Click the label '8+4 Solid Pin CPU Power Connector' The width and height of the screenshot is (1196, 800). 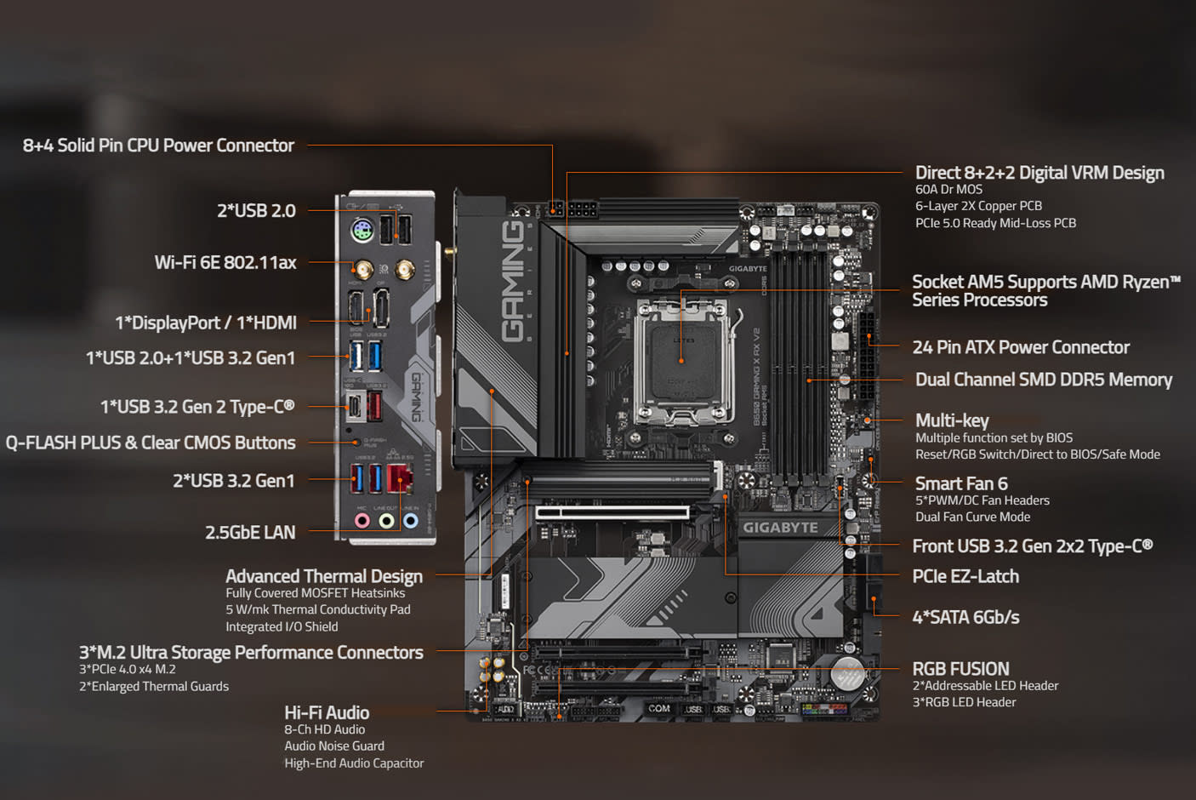[x=158, y=146]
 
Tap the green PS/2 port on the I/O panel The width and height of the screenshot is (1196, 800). [x=362, y=230]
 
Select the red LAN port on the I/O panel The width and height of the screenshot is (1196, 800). [x=399, y=477]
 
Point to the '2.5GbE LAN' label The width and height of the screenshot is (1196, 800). [x=250, y=533]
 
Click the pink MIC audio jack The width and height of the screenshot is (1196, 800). [x=362, y=520]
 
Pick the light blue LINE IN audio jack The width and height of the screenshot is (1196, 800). [x=411, y=520]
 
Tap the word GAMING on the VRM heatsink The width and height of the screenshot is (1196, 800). [x=512, y=281]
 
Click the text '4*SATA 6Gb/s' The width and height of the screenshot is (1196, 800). [x=965, y=617]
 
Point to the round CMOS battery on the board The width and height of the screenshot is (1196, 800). [x=847, y=673]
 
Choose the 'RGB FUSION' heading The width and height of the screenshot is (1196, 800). [x=960, y=669]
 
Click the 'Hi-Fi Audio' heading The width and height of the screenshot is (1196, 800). [x=327, y=712]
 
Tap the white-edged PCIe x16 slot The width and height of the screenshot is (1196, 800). [x=612, y=512]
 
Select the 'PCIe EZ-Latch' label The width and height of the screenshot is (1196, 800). [x=965, y=576]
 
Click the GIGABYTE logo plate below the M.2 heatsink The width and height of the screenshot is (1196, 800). [x=780, y=528]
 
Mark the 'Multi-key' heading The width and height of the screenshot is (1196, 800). [x=952, y=420]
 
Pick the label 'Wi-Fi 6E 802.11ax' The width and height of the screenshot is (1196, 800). [x=225, y=262]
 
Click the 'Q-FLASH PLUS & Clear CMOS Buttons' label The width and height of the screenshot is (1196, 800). [x=151, y=443]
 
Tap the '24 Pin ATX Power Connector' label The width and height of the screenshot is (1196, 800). [x=1021, y=347]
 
